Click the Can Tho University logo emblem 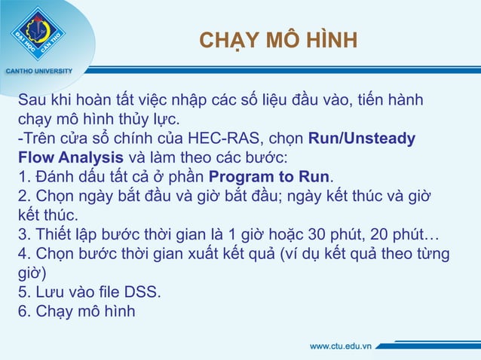tap(38, 34)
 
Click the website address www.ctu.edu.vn tap(341, 346)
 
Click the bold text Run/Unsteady tap(361, 139)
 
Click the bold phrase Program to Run tap(269, 177)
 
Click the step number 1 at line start tap(23, 177)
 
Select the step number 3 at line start tap(23, 234)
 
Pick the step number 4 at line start tap(23, 253)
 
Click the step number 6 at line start tap(23, 310)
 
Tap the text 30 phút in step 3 tap(337, 234)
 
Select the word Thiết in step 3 tap(53, 234)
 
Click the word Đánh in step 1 tap(55, 177)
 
